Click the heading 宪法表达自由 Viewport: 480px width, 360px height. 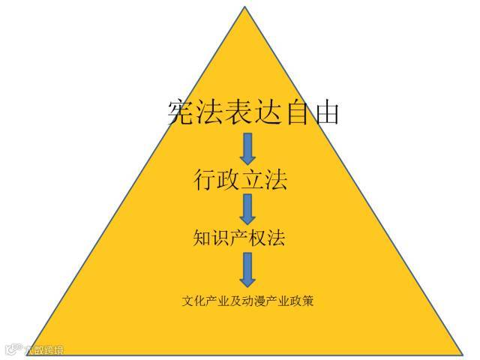[253, 112]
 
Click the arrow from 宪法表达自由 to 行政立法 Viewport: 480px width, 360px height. [247, 148]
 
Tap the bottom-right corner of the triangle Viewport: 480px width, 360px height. [461, 352]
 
